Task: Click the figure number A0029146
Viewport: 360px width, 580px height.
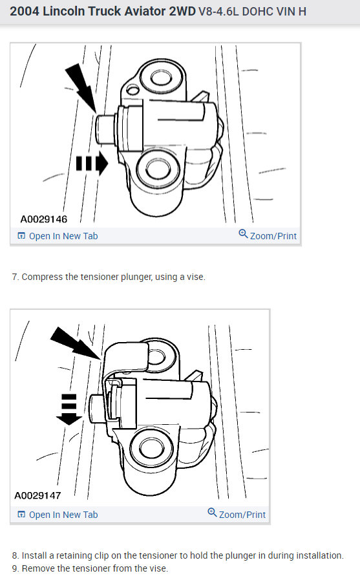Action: [44, 219]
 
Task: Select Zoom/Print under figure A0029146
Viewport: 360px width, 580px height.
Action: [268, 235]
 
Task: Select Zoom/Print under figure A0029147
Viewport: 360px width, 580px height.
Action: [237, 514]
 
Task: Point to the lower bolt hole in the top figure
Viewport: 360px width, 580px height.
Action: [157, 169]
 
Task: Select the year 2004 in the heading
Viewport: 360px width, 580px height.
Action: [24, 12]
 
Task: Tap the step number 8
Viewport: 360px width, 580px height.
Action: [16, 555]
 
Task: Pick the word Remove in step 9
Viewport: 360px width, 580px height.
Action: [37, 568]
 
